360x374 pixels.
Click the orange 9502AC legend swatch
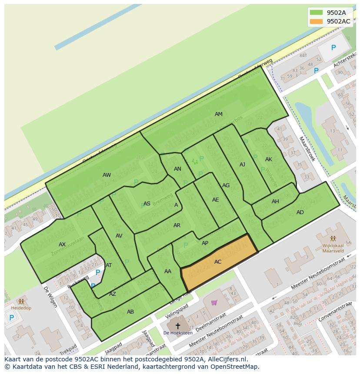pyautogui.click(x=316, y=21)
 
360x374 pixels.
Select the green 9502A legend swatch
pyautogui.click(x=316, y=13)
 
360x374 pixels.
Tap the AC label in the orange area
pyautogui.click(x=218, y=262)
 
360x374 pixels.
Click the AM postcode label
pyautogui.click(x=219, y=114)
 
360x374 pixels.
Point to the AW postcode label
pyautogui.click(x=107, y=175)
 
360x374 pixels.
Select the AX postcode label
pyautogui.click(x=62, y=245)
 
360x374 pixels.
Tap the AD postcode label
pyautogui.click(x=300, y=212)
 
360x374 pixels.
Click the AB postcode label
pyautogui.click(x=130, y=312)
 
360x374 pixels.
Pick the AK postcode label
pyautogui.click(x=269, y=159)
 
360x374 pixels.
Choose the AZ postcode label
pyautogui.click(x=113, y=294)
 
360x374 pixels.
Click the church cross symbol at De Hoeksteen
pyautogui.click(x=177, y=325)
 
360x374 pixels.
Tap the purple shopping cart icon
pyautogui.click(x=214, y=302)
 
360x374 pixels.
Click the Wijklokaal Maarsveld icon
pyautogui.click(x=333, y=238)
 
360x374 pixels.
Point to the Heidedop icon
pyautogui.click(x=21, y=301)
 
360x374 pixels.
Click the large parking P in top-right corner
pyautogui.click(x=333, y=48)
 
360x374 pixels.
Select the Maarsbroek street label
pyautogui.click(x=307, y=149)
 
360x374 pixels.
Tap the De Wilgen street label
pyautogui.click(x=50, y=297)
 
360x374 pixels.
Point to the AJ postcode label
pyautogui.click(x=243, y=165)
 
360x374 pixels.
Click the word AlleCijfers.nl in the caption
pyautogui.click(x=227, y=360)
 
